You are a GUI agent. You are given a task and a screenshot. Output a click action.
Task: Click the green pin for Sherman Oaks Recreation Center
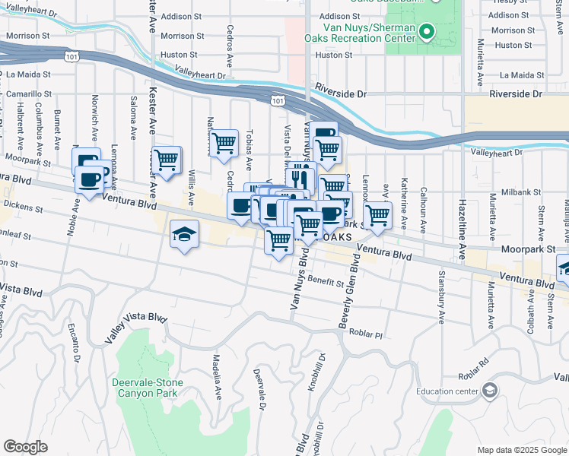pyautogui.click(x=428, y=33)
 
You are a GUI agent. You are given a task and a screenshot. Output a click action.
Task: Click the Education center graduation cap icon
pyautogui.click(x=491, y=391)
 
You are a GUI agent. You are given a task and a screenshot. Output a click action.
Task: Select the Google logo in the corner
pyautogui.click(x=25, y=447)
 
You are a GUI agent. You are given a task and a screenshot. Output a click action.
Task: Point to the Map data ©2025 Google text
pyautogui.click(x=521, y=450)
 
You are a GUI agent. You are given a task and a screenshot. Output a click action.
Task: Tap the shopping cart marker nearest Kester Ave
pyautogui.click(x=166, y=160)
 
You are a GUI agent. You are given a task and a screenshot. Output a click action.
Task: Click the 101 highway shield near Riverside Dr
pyautogui.click(x=278, y=100)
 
